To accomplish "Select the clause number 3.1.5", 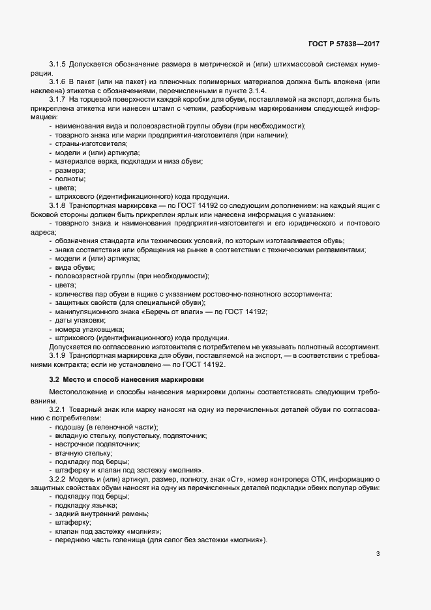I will point(59,66).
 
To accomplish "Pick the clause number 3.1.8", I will point(59,206).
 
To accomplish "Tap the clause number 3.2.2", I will point(59,479).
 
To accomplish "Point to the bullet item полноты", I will point(71,179).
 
